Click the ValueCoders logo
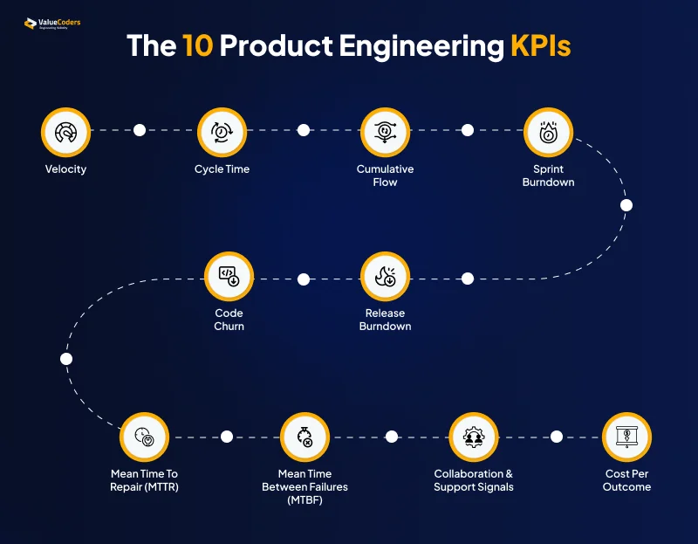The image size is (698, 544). click(52, 24)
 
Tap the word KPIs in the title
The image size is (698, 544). click(540, 46)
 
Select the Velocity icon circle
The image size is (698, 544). click(65, 131)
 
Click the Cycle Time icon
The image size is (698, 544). click(222, 131)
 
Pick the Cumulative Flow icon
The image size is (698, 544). click(385, 131)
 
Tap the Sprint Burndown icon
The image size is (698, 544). click(548, 131)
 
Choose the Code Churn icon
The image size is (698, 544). click(229, 276)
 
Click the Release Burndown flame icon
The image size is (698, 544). click(385, 276)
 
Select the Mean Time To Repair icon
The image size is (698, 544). click(145, 437)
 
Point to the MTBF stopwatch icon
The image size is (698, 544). click(305, 437)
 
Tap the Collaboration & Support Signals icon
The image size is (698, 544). click(473, 437)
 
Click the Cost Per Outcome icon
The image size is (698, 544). click(626, 437)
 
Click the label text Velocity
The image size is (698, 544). click(65, 169)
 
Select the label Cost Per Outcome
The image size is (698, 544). click(626, 480)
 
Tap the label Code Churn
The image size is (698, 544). click(229, 320)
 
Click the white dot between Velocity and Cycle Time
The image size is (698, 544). click(140, 130)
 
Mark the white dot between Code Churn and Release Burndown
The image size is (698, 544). click(304, 279)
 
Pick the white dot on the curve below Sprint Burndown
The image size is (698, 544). click(626, 206)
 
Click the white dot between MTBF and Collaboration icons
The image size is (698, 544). click(392, 437)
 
